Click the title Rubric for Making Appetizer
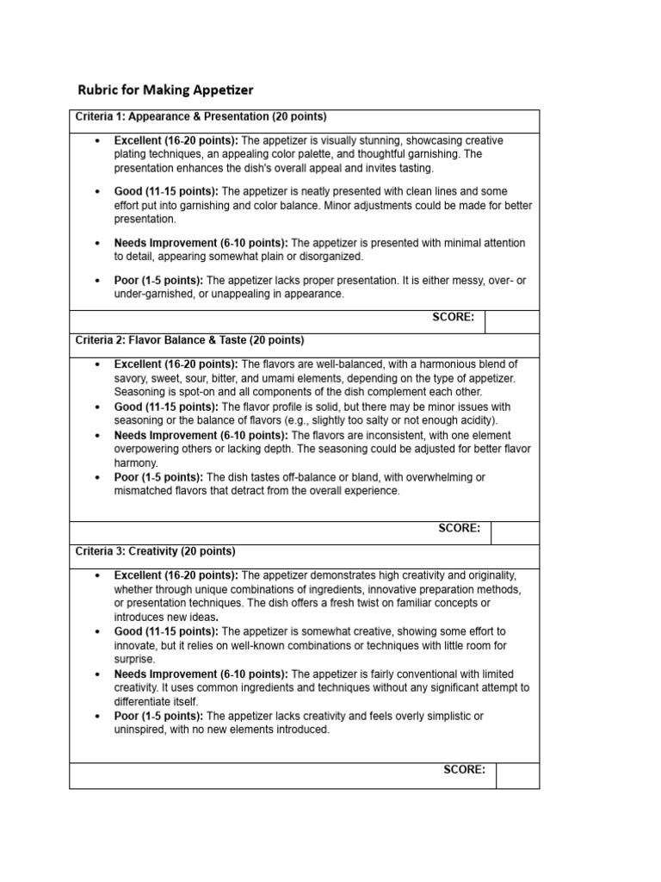pos(166,90)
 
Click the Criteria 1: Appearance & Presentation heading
pos(201,116)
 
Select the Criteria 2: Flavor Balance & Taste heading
pos(189,340)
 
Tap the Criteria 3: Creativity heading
pos(155,551)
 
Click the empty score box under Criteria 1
pos(512,322)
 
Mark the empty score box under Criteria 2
pos(515,533)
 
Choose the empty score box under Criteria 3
pos(517,775)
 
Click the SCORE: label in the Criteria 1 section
pos(453,317)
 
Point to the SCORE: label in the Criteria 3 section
pos(464,770)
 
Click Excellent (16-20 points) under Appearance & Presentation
pos(176,140)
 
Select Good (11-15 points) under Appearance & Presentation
pos(166,191)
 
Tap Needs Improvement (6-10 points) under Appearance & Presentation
pos(201,243)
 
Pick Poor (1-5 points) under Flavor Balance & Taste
pos(158,477)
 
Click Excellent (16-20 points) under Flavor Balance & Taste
pos(176,364)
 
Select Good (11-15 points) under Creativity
pos(166,631)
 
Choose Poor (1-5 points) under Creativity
pos(158,716)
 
